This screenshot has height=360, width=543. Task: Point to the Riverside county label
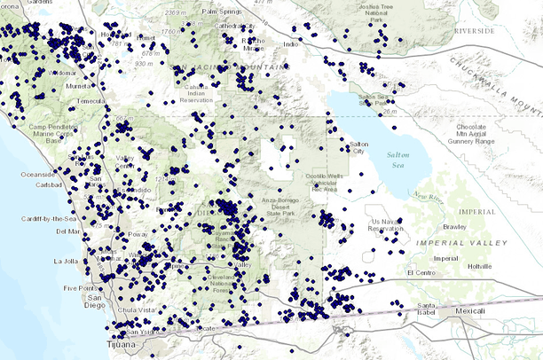tap(475, 30)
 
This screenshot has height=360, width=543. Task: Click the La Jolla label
tap(67, 262)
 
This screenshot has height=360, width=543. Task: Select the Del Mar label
tap(67, 231)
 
